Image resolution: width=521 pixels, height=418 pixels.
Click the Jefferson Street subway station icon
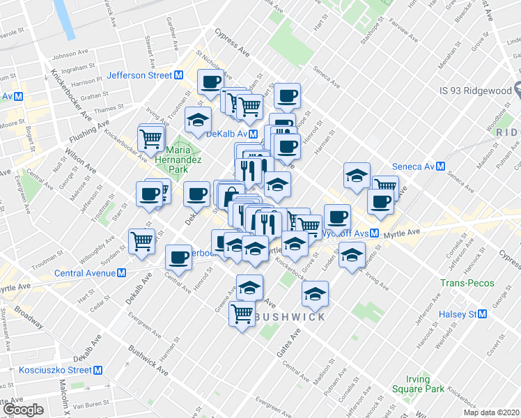[x=179, y=75]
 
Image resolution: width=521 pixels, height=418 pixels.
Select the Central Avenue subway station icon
[x=121, y=273]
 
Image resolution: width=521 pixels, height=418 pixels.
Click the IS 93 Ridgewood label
[x=475, y=90]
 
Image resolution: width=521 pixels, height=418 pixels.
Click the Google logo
[x=23, y=409]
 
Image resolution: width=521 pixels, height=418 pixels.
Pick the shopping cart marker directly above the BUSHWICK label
[x=242, y=314]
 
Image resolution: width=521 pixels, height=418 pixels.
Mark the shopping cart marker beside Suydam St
[x=142, y=240]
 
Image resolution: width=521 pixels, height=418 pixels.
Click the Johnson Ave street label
[x=67, y=55]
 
